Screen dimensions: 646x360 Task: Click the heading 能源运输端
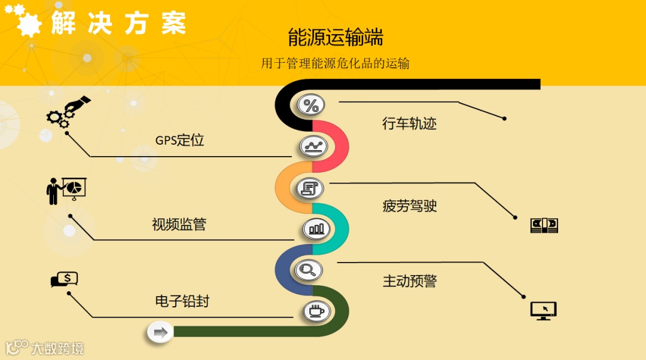[x=335, y=37]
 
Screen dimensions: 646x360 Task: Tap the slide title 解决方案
[x=118, y=23]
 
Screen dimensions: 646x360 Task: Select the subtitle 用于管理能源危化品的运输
[x=335, y=63]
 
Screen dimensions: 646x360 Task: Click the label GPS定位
[x=179, y=141]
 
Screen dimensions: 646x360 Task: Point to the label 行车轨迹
[x=409, y=124]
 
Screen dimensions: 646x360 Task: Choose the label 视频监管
[x=179, y=224]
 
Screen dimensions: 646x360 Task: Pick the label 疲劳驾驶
[x=409, y=206]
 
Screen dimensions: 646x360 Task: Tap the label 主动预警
[x=409, y=281]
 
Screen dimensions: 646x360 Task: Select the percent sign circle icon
[x=311, y=106]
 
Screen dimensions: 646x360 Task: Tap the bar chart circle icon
[x=316, y=228]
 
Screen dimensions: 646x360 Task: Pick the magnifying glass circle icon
[x=309, y=269]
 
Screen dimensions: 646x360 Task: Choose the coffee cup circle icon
[x=316, y=311]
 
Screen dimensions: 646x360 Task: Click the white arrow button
[x=160, y=332]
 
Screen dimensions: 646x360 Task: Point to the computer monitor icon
[x=543, y=310]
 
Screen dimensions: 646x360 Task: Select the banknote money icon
[x=544, y=225]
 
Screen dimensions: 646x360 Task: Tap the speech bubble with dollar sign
[x=65, y=279]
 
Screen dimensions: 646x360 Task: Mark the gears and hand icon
[x=67, y=112]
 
